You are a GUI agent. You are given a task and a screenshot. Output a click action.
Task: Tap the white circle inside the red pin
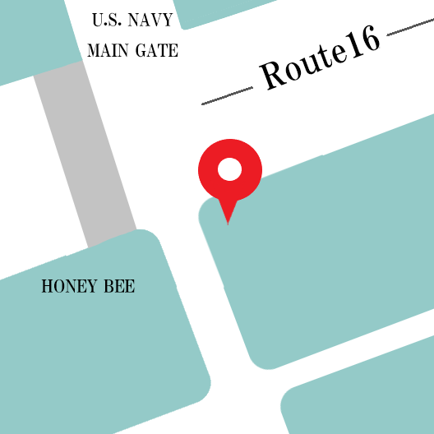click(229, 170)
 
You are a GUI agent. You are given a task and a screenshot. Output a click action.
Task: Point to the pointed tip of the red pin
click(228, 222)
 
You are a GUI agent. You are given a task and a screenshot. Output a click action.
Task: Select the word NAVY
click(150, 21)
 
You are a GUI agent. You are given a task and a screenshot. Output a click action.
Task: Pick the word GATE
click(156, 50)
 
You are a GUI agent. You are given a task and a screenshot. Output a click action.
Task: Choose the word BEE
click(119, 287)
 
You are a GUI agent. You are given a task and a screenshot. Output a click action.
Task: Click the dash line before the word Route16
click(227, 95)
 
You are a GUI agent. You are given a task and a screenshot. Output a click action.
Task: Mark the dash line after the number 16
click(409, 31)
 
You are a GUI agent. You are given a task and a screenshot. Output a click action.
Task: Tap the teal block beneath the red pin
click(329, 247)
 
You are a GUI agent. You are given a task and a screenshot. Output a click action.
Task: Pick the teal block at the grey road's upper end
click(33, 37)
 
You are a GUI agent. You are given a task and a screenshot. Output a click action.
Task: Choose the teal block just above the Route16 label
click(222, 10)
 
